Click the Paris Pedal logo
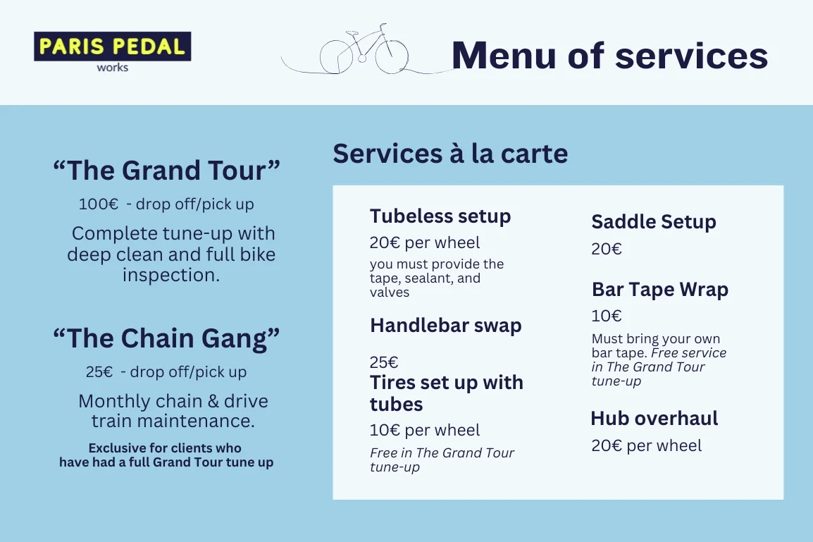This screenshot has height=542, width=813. (x=113, y=47)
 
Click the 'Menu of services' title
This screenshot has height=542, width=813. (x=609, y=55)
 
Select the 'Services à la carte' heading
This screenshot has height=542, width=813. (x=450, y=154)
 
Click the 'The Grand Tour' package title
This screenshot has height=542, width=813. (x=167, y=171)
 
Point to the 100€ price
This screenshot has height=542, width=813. (x=99, y=204)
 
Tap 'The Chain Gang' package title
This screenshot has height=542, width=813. (x=167, y=338)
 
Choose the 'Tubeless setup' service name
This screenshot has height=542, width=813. (x=440, y=216)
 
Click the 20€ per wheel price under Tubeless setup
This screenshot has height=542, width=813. (x=425, y=243)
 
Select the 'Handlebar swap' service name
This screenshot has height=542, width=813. (x=446, y=326)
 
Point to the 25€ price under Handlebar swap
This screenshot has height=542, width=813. (x=384, y=362)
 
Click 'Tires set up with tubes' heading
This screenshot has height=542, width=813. (x=447, y=393)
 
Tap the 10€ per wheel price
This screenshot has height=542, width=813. (x=425, y=430)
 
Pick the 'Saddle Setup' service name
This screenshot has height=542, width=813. (x=654, y=222)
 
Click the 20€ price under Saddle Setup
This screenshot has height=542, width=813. (x=607, y=249)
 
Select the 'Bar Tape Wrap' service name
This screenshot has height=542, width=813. (x=660, y=290)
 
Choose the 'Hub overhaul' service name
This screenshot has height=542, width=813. (x=654, y=418)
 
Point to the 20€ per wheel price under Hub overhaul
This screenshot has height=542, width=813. (x=647, y=445)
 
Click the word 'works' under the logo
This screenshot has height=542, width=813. (x=113, y=68)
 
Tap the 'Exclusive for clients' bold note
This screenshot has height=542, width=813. (x=166, y=455)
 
